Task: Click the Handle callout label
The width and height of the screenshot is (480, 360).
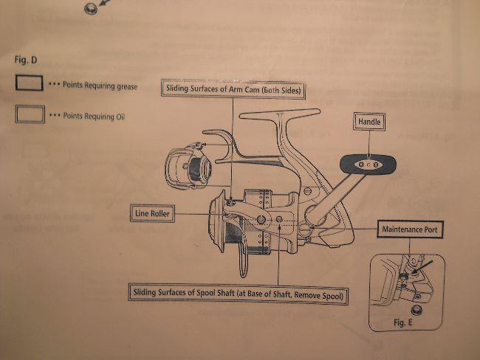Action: click(369, 122)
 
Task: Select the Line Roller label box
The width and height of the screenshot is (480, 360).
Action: click(152, 213)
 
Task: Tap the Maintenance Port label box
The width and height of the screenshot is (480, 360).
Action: click(410, 229)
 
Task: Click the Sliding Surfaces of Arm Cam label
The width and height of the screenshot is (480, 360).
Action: click(233, 89)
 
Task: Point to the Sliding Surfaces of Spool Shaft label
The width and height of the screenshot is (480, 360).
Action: click(239, 294)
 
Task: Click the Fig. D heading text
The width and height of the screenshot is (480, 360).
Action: click(26, 60)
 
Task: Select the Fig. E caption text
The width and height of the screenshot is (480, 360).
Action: click(403, 322)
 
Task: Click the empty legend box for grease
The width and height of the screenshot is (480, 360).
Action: click(30, 83)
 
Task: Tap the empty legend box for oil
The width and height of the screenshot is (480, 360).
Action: click(30, 114)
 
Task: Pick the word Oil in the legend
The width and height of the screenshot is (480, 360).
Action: click(120, 117)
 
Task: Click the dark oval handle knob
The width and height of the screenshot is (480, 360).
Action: click(368, 165)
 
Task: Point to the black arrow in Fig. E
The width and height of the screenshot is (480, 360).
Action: click(422, 267)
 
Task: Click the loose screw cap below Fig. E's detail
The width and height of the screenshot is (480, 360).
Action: click(416, 311)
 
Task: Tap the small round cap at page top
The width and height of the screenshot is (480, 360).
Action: click(91, 8)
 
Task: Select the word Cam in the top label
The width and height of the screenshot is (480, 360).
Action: click(253, 90)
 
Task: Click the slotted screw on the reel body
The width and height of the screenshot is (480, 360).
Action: click(308, 191)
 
